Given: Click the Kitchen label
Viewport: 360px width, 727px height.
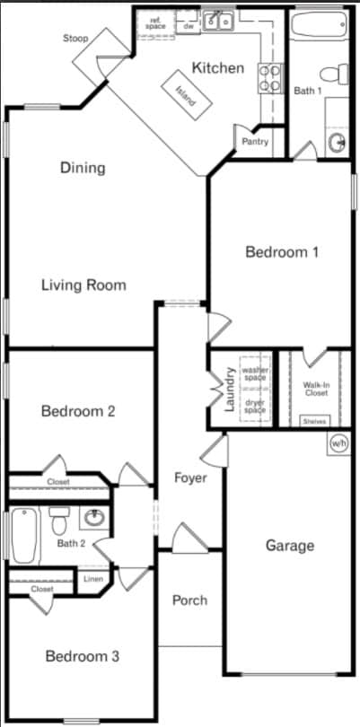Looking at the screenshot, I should pos(218,67).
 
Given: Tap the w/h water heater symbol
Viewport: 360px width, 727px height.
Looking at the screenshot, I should pos(338,443).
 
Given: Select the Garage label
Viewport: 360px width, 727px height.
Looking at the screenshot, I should pos(289,545).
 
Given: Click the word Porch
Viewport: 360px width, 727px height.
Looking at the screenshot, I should pos(189,600).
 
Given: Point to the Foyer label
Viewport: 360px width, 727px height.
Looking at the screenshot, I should pos(189,477).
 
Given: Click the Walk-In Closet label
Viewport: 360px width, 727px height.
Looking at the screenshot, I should pos(314,388).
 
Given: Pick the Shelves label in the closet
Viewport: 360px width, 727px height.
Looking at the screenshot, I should pos(314,420).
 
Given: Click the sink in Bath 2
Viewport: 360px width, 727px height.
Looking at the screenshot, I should pos(92,518).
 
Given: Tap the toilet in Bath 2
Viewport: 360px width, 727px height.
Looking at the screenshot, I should pos(59,520).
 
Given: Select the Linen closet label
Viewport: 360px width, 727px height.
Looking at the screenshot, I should pos(93,579).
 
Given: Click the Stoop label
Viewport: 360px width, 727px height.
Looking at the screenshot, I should pos(75,39).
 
